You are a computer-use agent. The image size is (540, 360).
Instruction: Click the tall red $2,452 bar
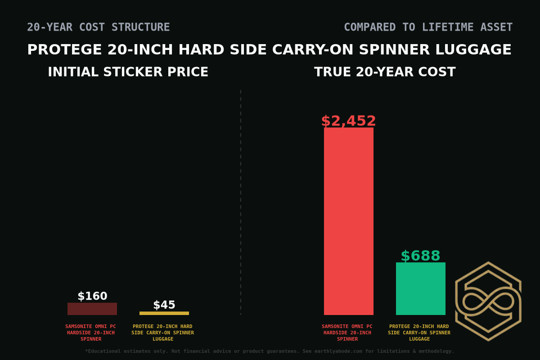click(349, 221)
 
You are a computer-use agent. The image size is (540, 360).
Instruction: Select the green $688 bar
click(421, 288)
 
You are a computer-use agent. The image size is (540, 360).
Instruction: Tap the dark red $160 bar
click(92, 309)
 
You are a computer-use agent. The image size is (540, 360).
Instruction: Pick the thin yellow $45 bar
click(164, 313)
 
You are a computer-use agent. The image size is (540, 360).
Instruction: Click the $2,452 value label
click(349, 121)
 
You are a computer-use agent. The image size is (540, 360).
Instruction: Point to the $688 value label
click(421, 256)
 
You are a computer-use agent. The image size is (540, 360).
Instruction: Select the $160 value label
click(92, 296)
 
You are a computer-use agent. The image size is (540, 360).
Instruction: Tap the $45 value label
click(164, 305)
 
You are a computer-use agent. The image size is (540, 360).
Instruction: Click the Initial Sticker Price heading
click(128, 72)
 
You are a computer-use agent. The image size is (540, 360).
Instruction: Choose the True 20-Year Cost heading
click(385, 72)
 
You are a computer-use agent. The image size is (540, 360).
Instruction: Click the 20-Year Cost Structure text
click(99, 27)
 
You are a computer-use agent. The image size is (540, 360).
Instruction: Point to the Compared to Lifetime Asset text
click(428, 27)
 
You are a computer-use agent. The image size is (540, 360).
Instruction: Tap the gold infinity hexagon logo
click(488, 301)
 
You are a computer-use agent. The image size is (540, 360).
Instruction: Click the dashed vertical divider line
click(241, 202)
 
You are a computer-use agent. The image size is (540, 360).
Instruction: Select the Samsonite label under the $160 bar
click(91, 333)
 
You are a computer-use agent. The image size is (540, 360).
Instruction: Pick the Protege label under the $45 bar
click(163, 333)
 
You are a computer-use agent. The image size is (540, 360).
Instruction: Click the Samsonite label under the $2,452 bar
click(347, 333)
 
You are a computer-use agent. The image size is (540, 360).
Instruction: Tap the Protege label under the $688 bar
click(419, 333)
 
